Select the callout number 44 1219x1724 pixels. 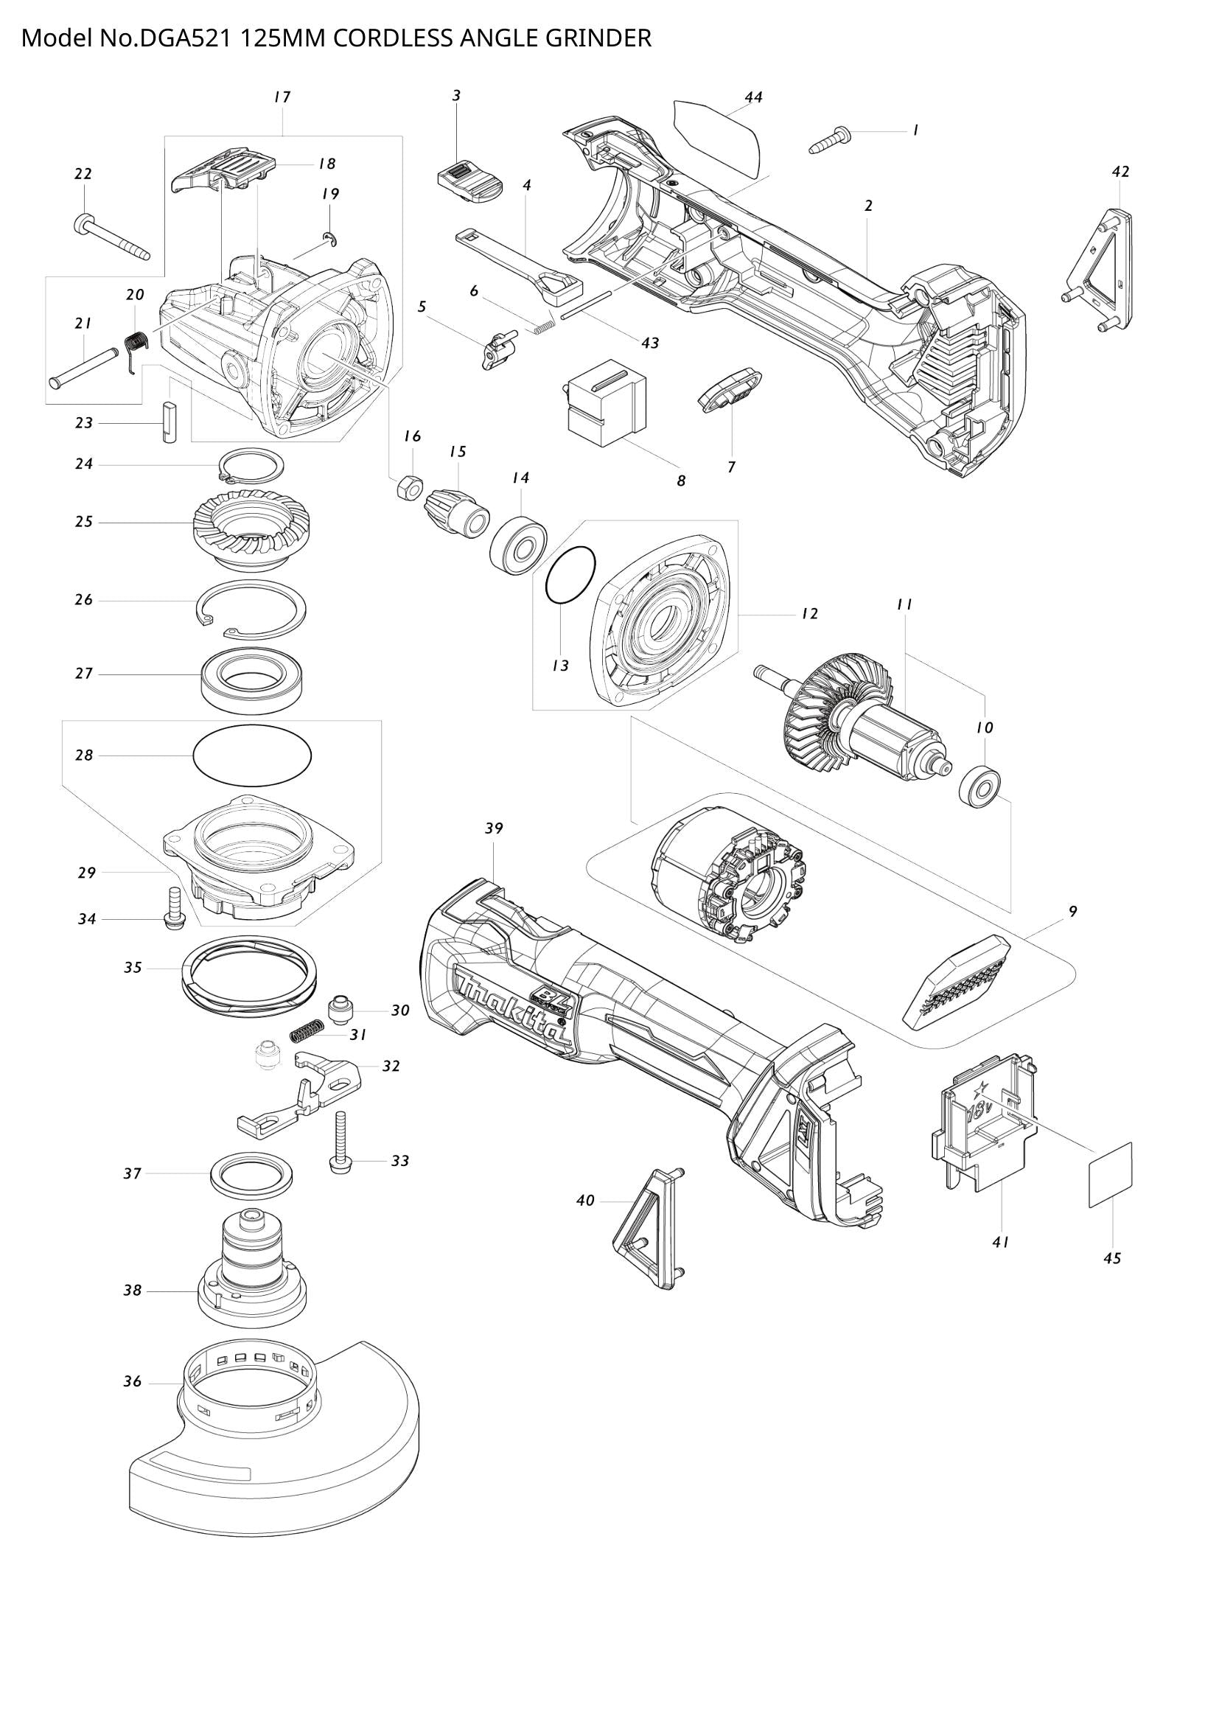click(754, 97)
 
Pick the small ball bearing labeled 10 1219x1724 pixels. click(979, 786)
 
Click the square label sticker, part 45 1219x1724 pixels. click(1110, 1175)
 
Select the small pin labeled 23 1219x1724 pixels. click(170, 423)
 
